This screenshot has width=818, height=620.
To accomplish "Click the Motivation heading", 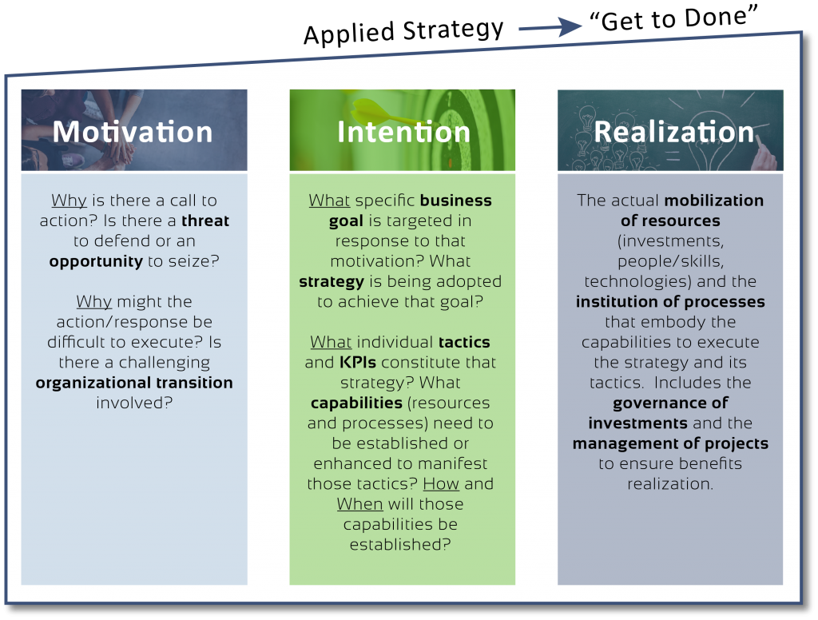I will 133,131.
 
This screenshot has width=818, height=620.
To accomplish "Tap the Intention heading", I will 403,132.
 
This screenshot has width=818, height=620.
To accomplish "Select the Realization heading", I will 673,131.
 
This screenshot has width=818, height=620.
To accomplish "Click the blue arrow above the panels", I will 551,27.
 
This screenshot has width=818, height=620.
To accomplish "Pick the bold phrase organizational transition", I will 134,383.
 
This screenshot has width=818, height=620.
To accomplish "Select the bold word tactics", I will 464,342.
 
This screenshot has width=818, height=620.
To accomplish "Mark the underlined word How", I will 440,484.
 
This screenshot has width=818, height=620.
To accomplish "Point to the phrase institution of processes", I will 670,302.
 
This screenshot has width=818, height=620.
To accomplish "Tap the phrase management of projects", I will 670,443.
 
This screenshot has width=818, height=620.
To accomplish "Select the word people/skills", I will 670,261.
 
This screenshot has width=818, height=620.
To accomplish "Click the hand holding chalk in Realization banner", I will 765,157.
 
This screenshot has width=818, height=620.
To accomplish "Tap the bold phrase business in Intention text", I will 456,201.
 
